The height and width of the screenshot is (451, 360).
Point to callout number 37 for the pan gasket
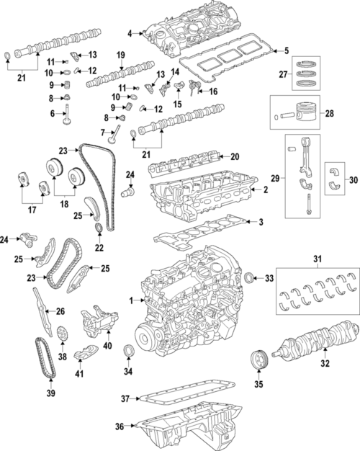point(125,398)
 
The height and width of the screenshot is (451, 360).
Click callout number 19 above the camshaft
point(121,55)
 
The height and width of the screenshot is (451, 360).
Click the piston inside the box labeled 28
point(312,114)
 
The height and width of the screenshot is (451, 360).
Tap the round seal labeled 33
point(249,278)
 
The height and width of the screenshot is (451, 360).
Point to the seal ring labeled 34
point(129,352)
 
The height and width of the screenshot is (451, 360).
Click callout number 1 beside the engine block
point(130,300)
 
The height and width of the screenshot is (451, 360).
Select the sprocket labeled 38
point(62,337)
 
